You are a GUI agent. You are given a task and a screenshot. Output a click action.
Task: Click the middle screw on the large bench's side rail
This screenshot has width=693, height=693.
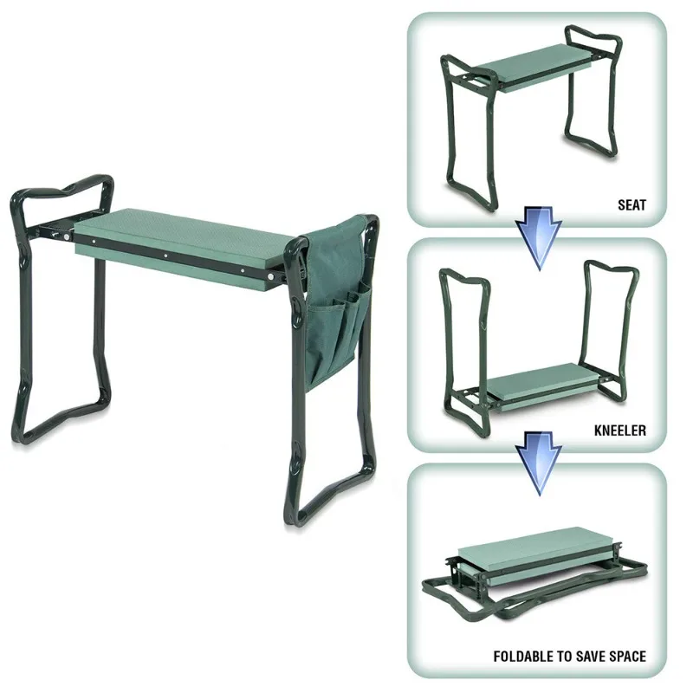coord(165,256)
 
